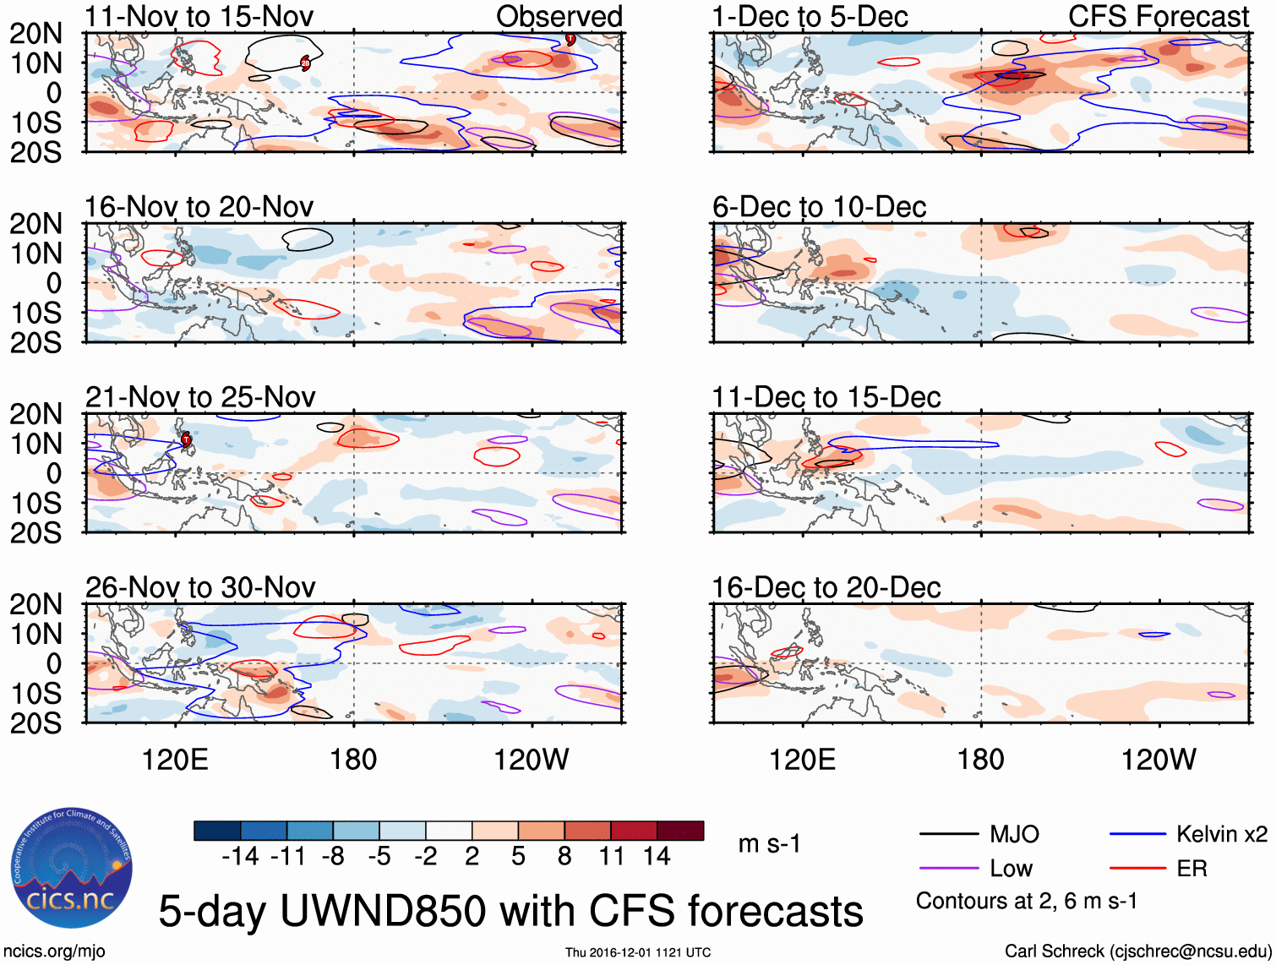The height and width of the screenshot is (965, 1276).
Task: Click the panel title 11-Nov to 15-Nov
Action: coord(199,16)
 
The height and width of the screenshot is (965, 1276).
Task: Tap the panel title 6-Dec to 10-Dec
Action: coord(819,206)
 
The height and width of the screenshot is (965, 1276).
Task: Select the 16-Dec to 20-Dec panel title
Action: coord(826,587)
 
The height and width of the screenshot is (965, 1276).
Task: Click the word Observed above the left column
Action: coord(559,16)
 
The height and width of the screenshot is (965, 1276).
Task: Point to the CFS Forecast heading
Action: coord(1158,16)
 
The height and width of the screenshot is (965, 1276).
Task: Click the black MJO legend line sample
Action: coord(948,835)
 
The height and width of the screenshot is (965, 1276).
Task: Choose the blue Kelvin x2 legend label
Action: coord(1221,835)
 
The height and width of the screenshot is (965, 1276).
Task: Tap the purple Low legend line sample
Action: coord(948,869)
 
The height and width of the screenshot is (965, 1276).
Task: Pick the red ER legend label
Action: coord(1191,869)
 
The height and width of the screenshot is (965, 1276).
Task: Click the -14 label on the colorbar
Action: coord(240,857)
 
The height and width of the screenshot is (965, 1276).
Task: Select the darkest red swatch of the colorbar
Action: coord(680,831)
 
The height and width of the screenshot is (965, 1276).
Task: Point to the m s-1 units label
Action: coord(769,843)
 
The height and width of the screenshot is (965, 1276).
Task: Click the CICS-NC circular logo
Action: coord(71,869)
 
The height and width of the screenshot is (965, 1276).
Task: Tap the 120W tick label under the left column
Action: coord(532,760)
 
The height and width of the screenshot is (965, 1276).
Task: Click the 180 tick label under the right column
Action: coord(980,760)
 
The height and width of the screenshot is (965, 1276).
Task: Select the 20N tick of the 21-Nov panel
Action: coord(35,414)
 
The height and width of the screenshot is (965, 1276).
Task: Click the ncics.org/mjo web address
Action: coord(54,951)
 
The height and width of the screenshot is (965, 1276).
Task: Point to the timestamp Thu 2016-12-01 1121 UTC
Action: coord(638,952)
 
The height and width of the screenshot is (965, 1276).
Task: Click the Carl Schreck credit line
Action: coord(1137,951)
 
